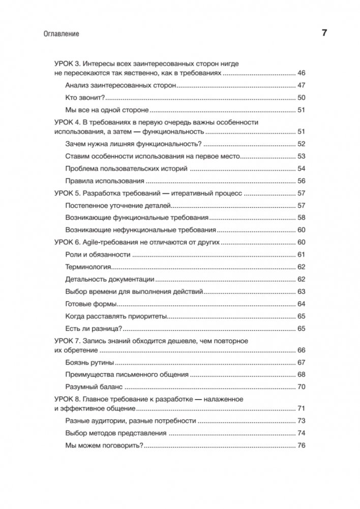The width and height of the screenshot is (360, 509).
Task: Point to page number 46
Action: click(x=301, y=73)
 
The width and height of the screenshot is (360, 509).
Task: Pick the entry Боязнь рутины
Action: click(x=90, y=363)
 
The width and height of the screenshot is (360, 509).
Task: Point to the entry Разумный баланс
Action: click(x=95, y=387)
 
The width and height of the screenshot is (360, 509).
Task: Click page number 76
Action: click(x=301, y=446)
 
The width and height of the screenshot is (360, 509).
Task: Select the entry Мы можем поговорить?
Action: click(x=105, y=446)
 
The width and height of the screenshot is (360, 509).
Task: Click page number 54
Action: click(x=301, y=168)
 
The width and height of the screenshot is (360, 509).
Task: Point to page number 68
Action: click(x=301, y=375)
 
